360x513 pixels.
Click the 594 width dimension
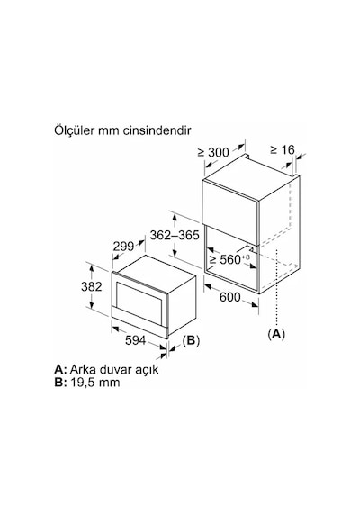135,340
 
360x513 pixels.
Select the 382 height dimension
91,286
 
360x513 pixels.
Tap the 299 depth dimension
123,246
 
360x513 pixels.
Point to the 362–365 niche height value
175,235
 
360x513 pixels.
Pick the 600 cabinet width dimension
229,297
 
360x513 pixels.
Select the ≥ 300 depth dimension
213,152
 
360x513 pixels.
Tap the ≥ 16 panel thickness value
283,149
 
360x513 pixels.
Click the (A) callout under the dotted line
276,334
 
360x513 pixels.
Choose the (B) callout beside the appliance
191,340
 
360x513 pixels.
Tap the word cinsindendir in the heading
157,130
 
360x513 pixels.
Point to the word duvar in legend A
116,369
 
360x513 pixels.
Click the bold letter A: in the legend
61,369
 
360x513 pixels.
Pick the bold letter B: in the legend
60,382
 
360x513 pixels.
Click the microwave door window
139,297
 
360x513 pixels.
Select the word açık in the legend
147,370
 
